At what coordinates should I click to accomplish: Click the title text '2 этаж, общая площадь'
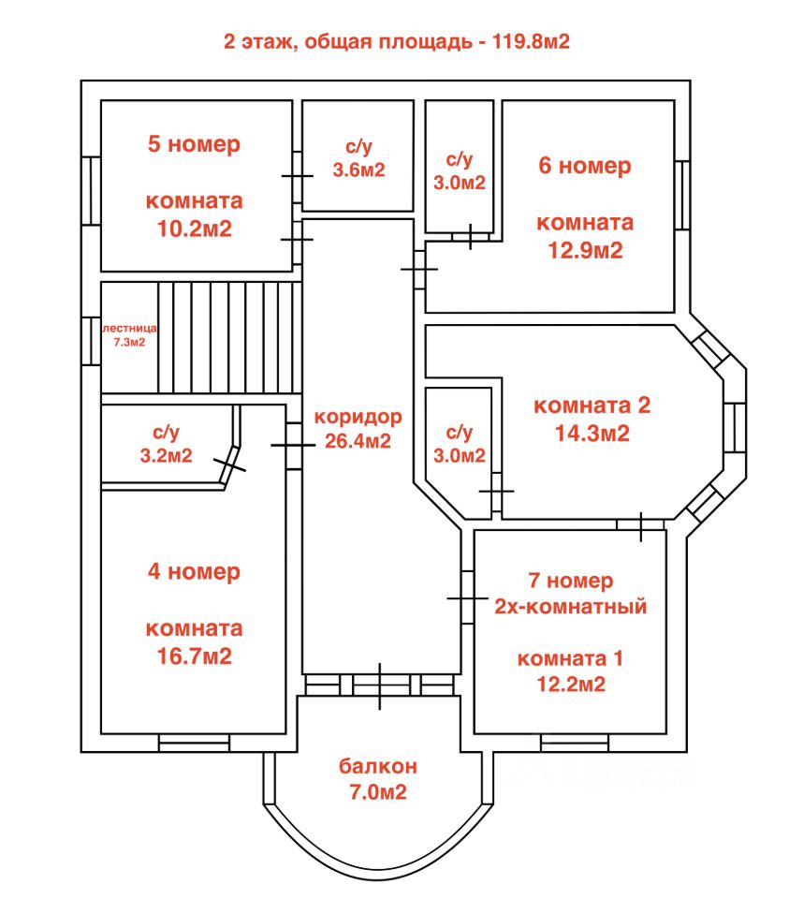(348, 42)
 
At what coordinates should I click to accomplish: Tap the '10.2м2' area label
(195, 228)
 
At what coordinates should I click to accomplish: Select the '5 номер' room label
(194, 144)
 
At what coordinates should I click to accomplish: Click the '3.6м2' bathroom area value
(358, 170)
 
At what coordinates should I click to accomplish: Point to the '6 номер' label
(584, 166)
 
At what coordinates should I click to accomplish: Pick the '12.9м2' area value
(585, 251)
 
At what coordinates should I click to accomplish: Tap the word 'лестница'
(129, 329)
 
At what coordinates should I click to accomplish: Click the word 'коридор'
(358, 418)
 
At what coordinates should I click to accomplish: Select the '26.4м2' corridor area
(358, 441)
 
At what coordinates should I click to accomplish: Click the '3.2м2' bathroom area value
(167, 456)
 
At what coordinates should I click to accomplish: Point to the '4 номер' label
(194, 571)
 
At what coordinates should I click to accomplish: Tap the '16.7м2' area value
(195, 656)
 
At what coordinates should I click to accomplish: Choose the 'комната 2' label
(592, 405)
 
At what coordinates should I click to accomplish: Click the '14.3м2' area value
(592, 433)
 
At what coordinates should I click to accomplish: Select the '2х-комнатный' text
(571, 607)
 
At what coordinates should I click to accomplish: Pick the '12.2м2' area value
(571, 684)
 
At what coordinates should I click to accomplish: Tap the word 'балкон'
(377, 766)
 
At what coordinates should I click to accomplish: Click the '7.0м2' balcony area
(377, 792)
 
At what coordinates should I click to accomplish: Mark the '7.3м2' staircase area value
(129, 343)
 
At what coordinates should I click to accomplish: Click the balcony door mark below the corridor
(379, 685)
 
